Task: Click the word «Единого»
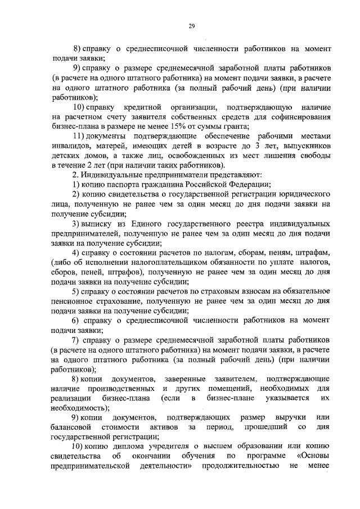pyautogui.click(x=149, y=224)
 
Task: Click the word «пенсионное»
pyautogui.click(x=73, y=301)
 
